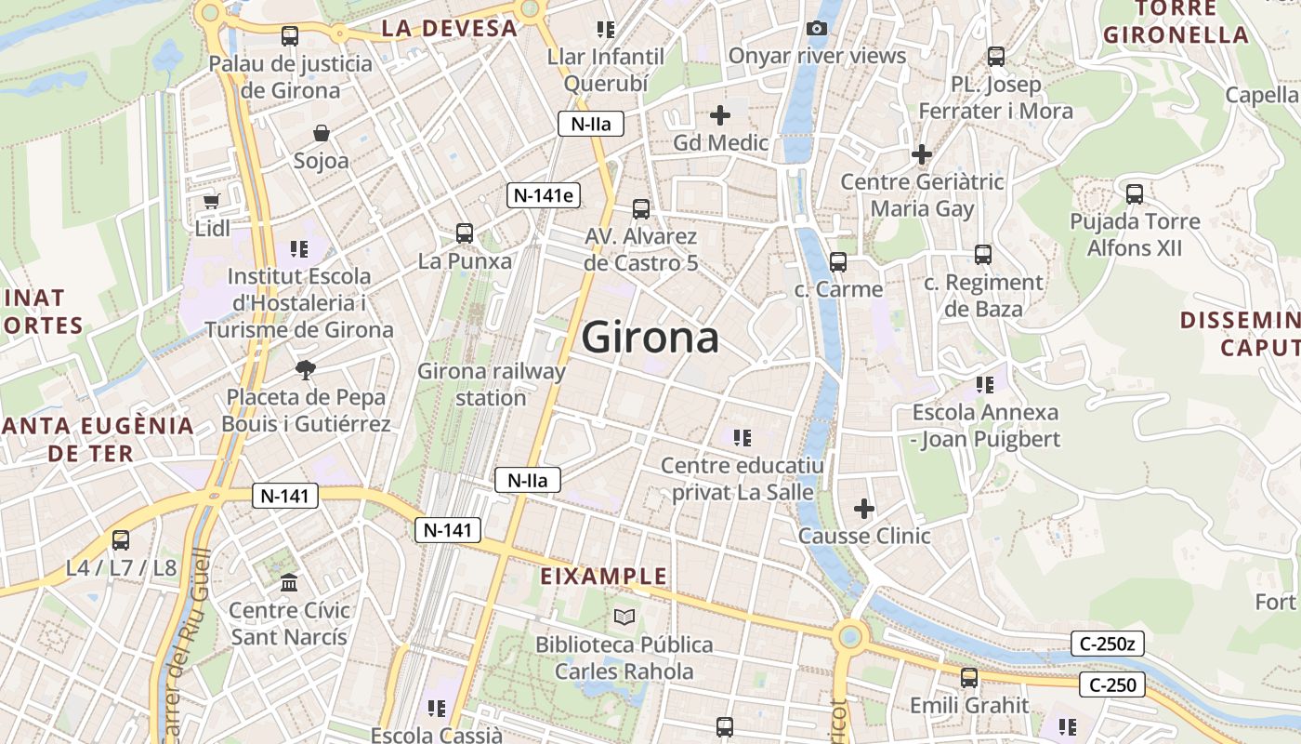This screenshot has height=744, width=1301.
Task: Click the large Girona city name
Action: pyautogui.click(x=650, y=338)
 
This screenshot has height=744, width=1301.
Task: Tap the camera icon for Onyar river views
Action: pyautogui.click(x=817, y=29)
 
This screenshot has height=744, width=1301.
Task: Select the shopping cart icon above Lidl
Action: pyautogui.click(x=211, y=200)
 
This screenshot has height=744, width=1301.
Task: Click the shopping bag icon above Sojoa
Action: pyautogui.click(x=322, y=134)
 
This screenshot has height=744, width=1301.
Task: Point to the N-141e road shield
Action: pyautogui.click(x=545, y=195)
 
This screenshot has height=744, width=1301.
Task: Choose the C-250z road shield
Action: pyautogui.click(x=1107, y=644)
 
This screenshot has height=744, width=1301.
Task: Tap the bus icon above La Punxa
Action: pyautogui.click(x=465, y=233)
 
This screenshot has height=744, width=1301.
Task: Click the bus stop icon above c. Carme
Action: pyautogui.click(x=838, y=262)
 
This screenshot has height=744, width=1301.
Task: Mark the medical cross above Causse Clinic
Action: pyautogui.click(x=864, y=509)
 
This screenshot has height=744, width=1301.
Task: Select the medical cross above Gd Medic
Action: pyautogui.click(x=720, y=115)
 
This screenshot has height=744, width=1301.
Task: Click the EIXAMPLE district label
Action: pyautogui.click(x=604, y=577)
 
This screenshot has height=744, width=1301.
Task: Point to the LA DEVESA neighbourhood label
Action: pyautogui.click(x=449, y=29)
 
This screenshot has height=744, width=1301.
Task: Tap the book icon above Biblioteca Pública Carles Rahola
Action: pyautogui.click(x=624, y=617)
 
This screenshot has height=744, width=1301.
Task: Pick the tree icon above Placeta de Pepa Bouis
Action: pyautogui.click(x=305, y=370)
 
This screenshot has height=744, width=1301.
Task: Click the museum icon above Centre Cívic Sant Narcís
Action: pyautogui.click(x=289, y=583)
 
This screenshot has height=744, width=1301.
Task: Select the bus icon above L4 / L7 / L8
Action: pyautogui.click(x=121, y=540)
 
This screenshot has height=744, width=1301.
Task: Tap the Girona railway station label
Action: pyautogui.click(x=491, y=384)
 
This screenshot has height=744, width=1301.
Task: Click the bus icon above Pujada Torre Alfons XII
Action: pyautogui.click(x=1135, y=194)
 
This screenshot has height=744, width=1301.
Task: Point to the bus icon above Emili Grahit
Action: pyautogui.click(x=969, y=678)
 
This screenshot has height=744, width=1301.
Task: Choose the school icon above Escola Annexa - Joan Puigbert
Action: pyautogui.click(x=985, y=384)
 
